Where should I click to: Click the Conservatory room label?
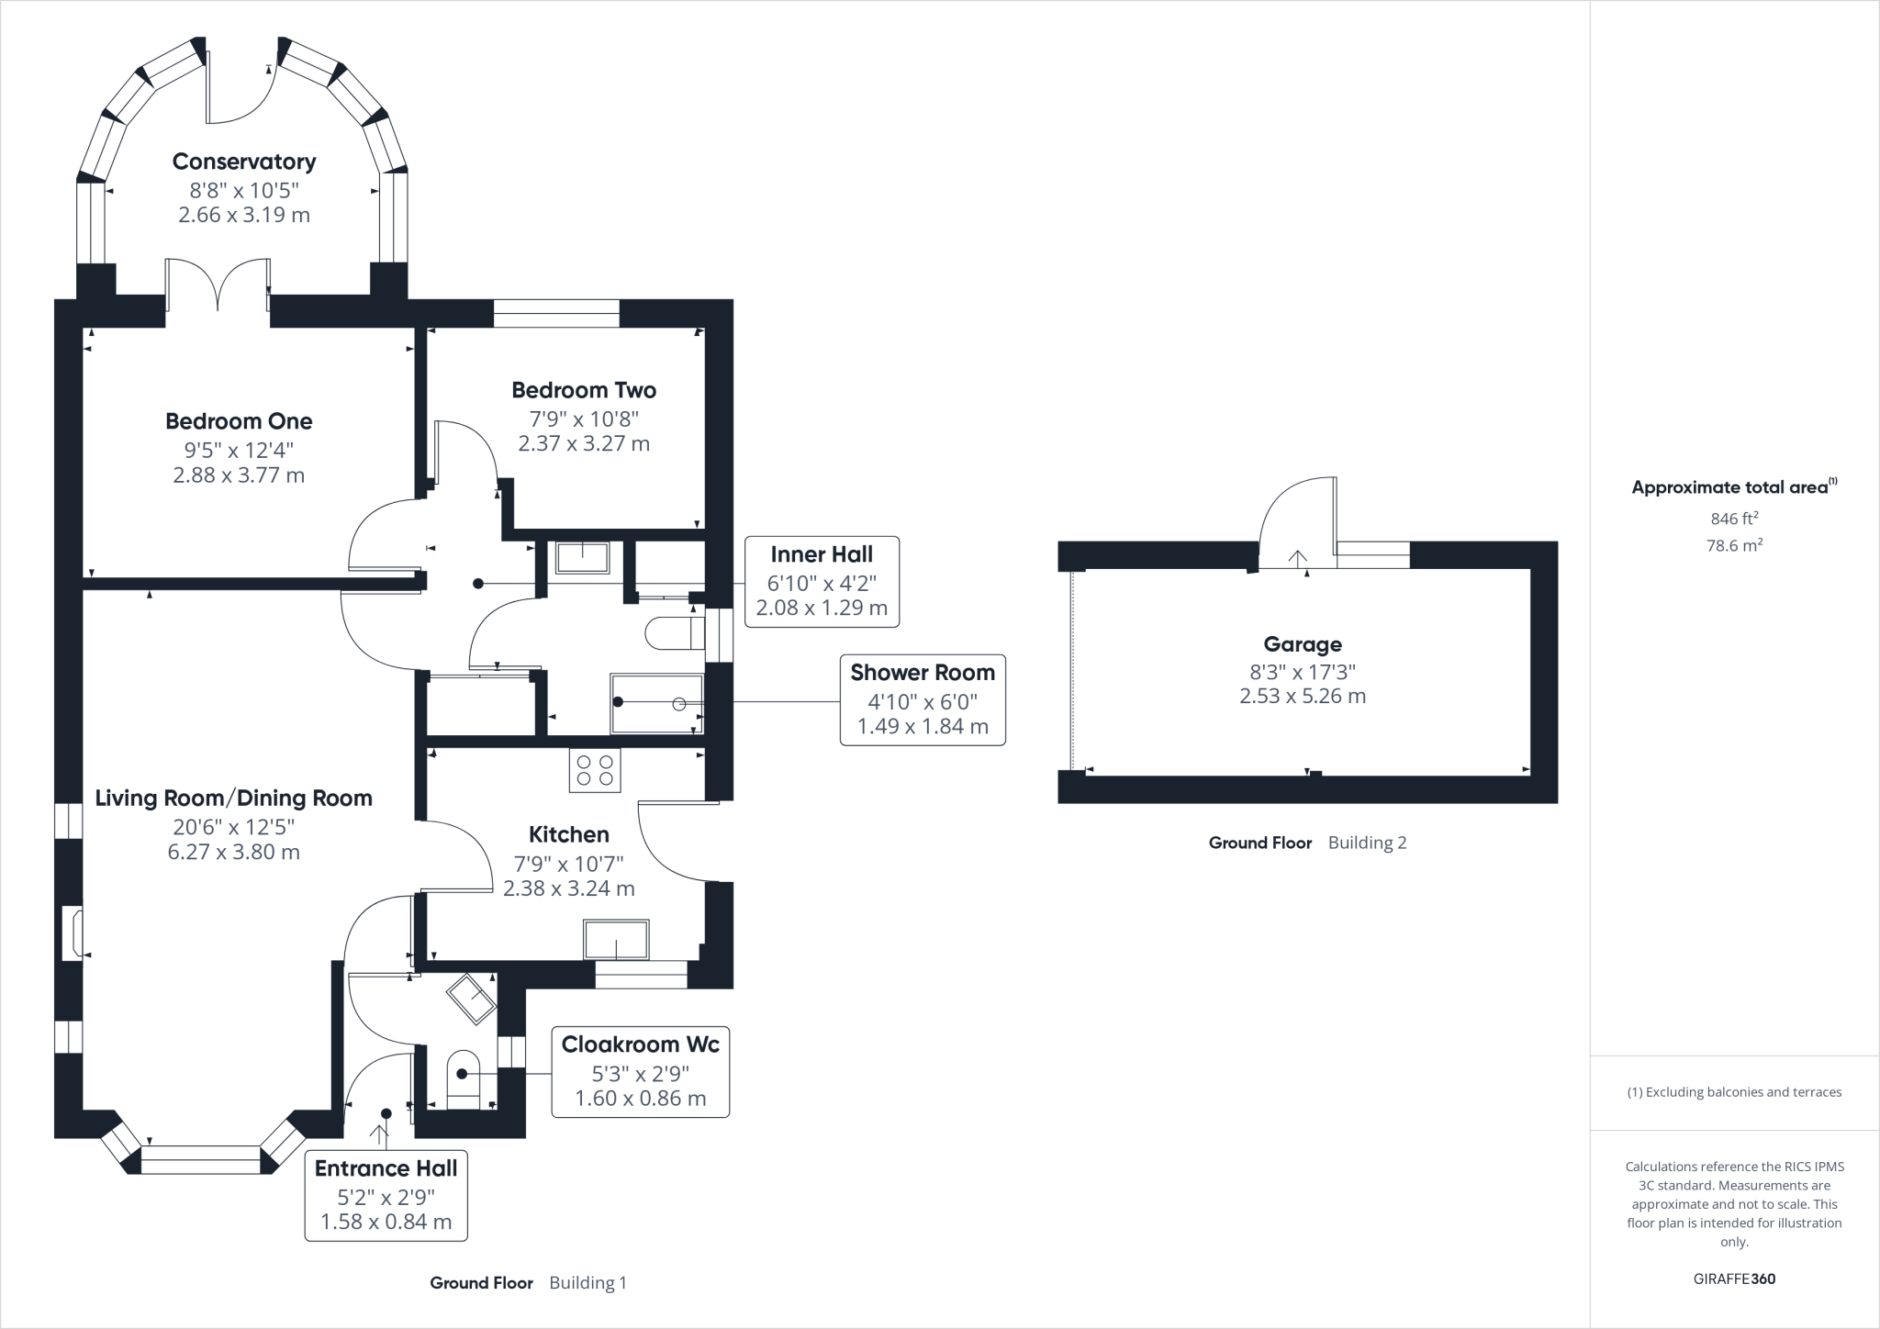coord(244,162)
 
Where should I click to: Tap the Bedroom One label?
coord(239,421)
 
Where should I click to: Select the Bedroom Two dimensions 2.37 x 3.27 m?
coord(584,444)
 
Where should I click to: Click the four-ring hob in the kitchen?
coord(595,770)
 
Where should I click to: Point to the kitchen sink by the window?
coord(616,940)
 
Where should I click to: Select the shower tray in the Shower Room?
coord(657,704)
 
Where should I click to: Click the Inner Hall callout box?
coord(822,581)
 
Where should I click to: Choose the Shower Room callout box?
coord(923,699)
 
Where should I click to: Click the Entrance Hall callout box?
coord(386,1195)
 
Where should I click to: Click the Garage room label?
coord(1302,644)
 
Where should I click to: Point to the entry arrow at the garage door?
coord(1297,558)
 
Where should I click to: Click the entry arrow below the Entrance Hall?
coord(378,1133)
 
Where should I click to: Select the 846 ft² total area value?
coord(1734,519)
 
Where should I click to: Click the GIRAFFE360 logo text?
coord(1734,1279)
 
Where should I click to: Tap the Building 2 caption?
coord(1367,843)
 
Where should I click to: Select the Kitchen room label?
coord(568,834)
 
